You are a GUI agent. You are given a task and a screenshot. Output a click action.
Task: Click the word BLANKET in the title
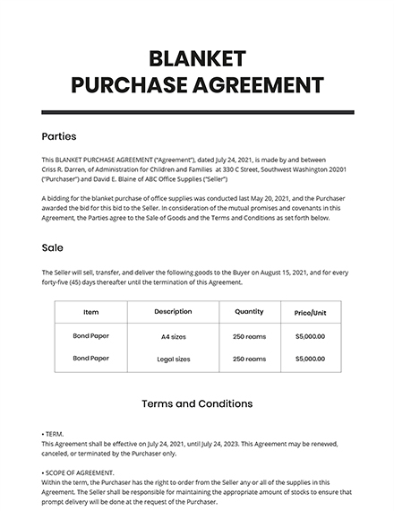(196, 58)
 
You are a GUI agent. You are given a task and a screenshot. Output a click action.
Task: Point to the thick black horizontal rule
(197, 112)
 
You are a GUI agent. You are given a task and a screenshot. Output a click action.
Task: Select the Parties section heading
(59, 137)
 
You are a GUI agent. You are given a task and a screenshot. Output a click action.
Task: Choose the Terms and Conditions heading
(197, 403)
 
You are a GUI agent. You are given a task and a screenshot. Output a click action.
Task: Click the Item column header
(90, 312)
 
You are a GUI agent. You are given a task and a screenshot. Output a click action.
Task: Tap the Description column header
(173, 312)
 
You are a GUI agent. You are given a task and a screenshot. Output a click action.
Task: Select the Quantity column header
(248, 312)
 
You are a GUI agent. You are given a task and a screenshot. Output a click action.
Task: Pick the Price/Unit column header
(309, 313)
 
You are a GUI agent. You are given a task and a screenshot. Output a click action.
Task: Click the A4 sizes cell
(173, 336)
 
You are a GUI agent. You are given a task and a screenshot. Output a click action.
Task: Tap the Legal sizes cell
(173, 359)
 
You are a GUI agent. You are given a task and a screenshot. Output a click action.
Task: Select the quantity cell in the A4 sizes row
(248, 336)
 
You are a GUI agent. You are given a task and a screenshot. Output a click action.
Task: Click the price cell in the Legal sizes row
(309, 359)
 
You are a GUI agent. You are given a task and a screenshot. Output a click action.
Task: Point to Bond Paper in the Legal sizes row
(90, 359)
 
